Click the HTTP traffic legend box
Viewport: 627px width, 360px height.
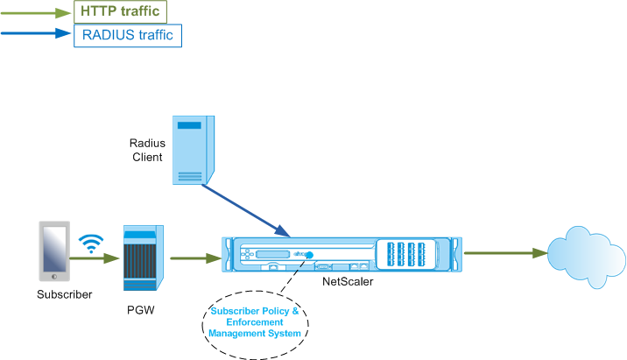pyautogui.click(x=120, y=11)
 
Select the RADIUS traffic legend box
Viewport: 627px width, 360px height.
pyautogui.click(x=128, y=36)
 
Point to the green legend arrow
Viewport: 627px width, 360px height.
pyautogui.click(x=36, y=13)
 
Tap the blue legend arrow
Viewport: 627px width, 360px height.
pyautogui.click(x=36, y=33)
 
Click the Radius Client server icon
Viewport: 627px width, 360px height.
pyautogui.click(x=194, y=150)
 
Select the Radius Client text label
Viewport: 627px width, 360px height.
pyautogui.click(x=147, y=150)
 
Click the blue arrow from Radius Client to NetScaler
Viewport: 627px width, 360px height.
pyautogui.click(x=245, y=211)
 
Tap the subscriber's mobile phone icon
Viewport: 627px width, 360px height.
pyautogui.click(x=54, y=251)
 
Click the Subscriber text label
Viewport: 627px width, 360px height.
pyautogui.click(x=65, y=294)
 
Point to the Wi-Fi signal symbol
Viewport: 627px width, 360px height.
pyautogui.click(x=91, y=244)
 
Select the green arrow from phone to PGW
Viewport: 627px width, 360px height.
pyautogui.click(x=95, y=258)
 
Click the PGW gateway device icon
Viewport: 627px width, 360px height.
pyautogui.click(x=144, y=258)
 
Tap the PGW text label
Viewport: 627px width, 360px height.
pyautogui.click(x=141, y=310)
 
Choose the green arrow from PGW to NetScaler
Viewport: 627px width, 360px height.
pyautogui.click(x=195, y=258)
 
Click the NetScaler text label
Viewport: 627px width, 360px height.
pyautogui.click(x=348, y=281)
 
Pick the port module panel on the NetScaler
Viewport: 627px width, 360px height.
pyautogui.click(x=406, y=254)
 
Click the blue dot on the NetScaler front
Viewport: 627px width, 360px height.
pyautogui.click(x=309, y=255)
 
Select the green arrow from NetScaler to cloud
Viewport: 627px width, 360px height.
pyautogui.click(x=505, y=253)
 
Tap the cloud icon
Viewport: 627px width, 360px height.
pyautogui.click(x=586, y=256)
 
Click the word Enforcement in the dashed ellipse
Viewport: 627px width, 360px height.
pyautogui.click(x=255, y=322)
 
